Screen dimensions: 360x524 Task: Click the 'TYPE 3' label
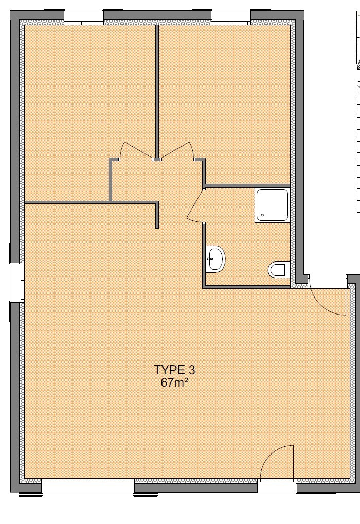click(174, 370)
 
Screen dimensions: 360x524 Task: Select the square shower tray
click(272, 205)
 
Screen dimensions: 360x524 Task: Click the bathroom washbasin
click(215, 259)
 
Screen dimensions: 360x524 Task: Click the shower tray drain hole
click(263, 215)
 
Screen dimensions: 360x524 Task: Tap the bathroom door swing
click(195, 206)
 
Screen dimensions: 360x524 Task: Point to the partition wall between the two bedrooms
click(157, 91)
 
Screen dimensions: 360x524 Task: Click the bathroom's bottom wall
click(246, 287)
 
